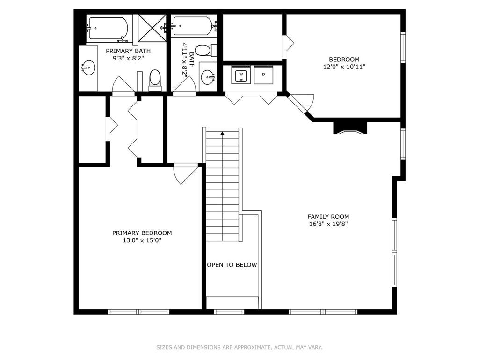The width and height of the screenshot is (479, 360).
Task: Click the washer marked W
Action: click(241, 75)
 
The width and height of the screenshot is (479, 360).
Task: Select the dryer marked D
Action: click(264, 75)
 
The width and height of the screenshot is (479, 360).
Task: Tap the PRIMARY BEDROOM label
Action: click(142, 233)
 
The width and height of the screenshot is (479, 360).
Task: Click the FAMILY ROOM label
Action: click(328, 217)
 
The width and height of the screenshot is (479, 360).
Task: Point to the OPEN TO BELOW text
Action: click(232, 265)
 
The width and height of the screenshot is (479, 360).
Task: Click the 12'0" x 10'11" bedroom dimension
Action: click(344, 67)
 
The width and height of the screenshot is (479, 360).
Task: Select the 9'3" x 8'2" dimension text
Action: click(128, 58)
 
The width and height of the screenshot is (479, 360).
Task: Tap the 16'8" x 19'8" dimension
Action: click(328, 224)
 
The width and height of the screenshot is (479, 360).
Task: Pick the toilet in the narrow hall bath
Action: click(206, 51)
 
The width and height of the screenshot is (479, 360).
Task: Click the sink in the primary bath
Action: click(88, 67)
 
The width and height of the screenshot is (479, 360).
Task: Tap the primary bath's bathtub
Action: click(108, 29)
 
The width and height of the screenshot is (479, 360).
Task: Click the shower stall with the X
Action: click(152, 28)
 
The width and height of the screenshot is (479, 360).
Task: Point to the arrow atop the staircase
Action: click(222, 133)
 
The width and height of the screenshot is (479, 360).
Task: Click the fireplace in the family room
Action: click(350, 128)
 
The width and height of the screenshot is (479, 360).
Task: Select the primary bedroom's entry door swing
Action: click(185, 174)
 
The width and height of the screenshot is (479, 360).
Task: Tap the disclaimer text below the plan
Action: click(239, 347)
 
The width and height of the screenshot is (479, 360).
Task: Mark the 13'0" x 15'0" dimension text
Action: click(142, 240)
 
